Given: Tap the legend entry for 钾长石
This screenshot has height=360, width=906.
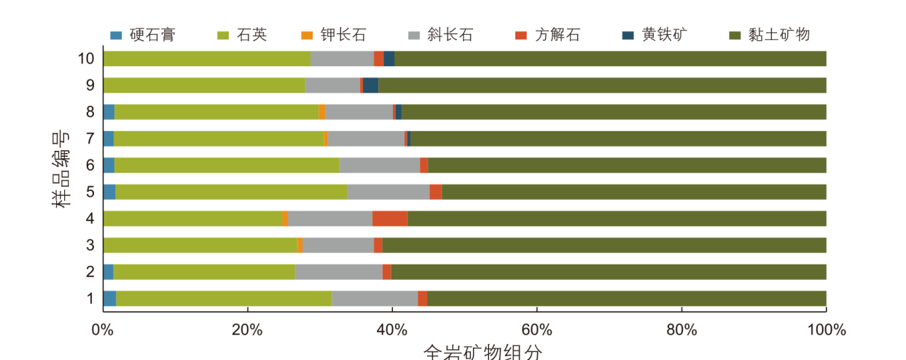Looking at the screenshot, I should pos(343,34).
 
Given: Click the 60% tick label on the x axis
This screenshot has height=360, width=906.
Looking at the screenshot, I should pos(536,329).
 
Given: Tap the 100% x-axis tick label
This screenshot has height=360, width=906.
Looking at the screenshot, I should pos(826,329).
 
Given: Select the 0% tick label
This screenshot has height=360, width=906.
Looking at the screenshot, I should pos(102,329).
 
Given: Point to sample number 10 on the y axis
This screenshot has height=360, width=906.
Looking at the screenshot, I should pos(86,58).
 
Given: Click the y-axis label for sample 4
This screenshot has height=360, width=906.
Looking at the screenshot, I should pos(90,219).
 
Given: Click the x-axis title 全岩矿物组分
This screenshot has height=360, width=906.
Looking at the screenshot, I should pos(483,352).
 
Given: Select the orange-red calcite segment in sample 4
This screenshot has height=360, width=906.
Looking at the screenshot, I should pos(390,219).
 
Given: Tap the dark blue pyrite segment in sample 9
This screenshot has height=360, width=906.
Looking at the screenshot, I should pos(370,85).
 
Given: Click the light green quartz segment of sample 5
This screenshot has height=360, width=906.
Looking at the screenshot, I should pos(231,192).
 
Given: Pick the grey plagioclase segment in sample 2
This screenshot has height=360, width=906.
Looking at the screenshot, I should pos(339,272).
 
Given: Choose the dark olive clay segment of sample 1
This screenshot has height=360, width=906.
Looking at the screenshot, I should pos(626,298).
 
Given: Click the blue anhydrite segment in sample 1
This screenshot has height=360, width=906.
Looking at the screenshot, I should pos(109,298).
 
